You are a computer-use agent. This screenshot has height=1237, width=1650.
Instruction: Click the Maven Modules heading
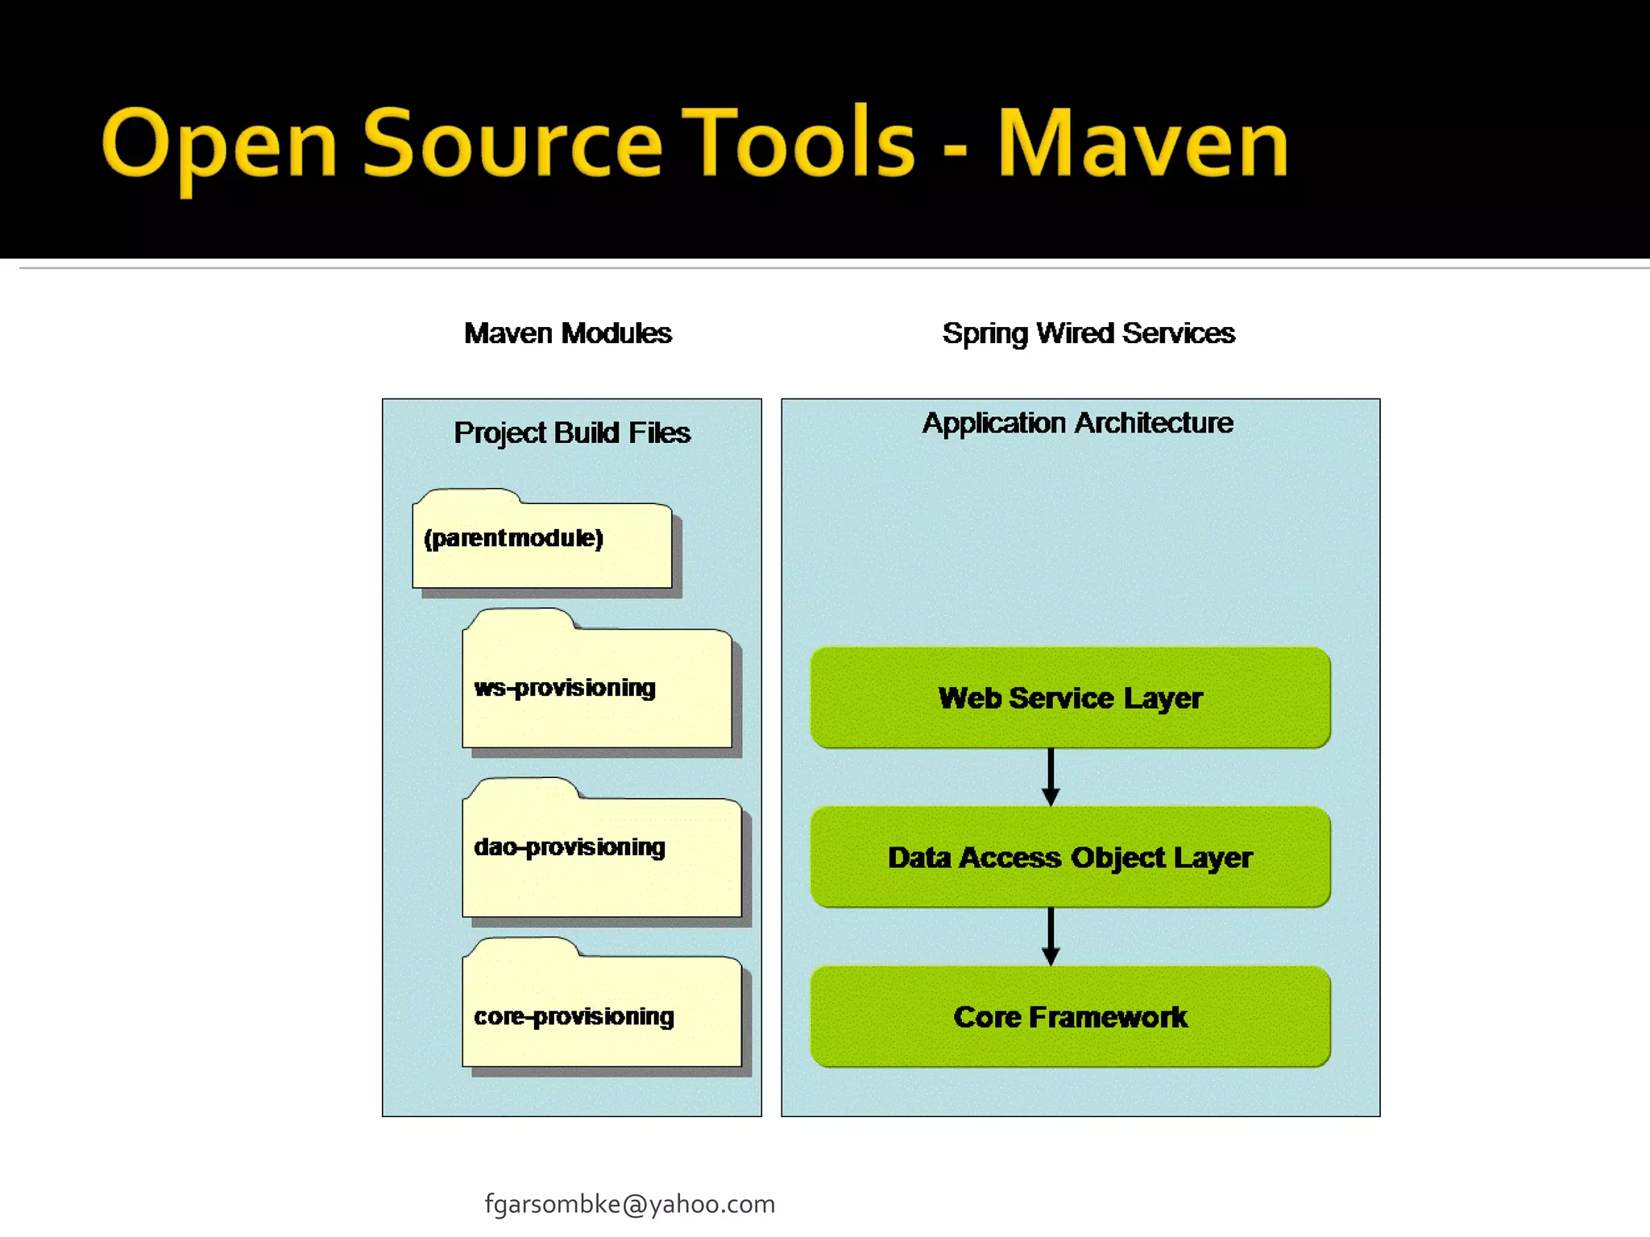point(567,333)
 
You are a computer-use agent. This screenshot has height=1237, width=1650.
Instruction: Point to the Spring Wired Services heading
point(1088,333)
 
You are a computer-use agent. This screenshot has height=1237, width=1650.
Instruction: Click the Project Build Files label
point(571,433)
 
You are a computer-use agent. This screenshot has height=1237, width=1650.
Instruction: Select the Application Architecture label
point(1077,423)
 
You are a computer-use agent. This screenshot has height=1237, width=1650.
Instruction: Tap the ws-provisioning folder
point(596,689)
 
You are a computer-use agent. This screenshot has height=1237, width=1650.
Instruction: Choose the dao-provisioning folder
point(600,854)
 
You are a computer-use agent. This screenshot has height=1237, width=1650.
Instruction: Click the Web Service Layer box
point(1070,698)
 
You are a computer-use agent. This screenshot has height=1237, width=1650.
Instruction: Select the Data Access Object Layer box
point(1070,858)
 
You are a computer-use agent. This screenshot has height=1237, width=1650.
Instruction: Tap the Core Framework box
point(1070,1017)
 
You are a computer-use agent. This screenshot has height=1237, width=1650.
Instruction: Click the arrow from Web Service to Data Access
point(1051,776)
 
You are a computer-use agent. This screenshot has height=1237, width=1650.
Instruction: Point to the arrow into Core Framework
point(1051,936)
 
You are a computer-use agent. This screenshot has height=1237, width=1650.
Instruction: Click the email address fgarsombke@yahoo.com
point(629,1204)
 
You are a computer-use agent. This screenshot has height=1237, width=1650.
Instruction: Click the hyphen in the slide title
point(956,150)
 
